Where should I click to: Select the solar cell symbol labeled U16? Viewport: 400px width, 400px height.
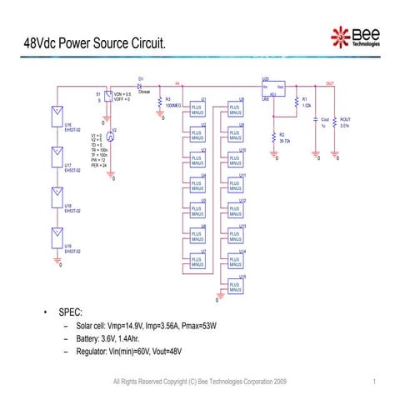point(57,112)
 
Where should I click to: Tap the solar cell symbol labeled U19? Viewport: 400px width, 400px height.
point(57,234)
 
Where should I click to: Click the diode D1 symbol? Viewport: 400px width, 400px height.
point(140,85)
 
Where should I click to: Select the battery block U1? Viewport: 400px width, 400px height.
point(197,109)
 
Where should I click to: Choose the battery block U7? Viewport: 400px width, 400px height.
point(197,261)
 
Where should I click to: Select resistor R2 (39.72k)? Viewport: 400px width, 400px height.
point(274,137)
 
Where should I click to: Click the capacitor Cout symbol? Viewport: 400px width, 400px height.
point(316,122)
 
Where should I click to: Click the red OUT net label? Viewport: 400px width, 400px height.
point(331,82)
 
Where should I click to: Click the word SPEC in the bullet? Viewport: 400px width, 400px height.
point(70,312)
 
